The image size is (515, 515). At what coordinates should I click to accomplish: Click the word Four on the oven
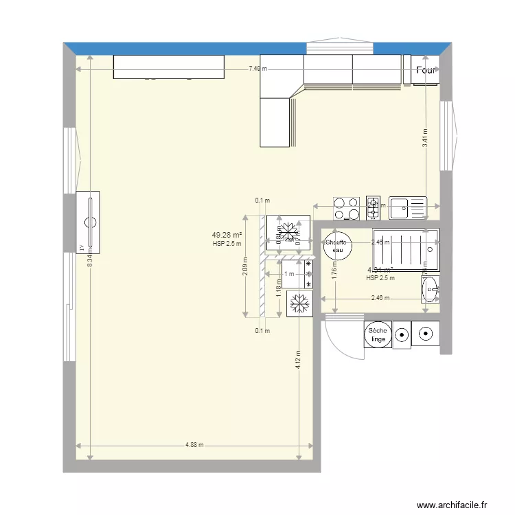[426, 70]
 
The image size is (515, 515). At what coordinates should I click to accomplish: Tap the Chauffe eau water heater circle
[337, 246]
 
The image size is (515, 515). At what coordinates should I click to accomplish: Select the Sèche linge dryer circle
[378, 335]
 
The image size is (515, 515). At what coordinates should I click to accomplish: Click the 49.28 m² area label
[227, 235]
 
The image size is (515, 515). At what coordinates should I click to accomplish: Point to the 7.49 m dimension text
[258, 68]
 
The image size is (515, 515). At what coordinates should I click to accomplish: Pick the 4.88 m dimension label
[195, 445]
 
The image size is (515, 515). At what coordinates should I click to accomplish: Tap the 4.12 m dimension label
[299, 359]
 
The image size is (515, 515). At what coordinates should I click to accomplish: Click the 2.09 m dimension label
[245, 265]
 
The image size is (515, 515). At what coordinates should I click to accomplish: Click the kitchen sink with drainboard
[407, 207]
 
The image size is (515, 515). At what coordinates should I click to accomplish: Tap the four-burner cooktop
[347, 208]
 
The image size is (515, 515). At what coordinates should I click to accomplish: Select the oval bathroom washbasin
[431, 290]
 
